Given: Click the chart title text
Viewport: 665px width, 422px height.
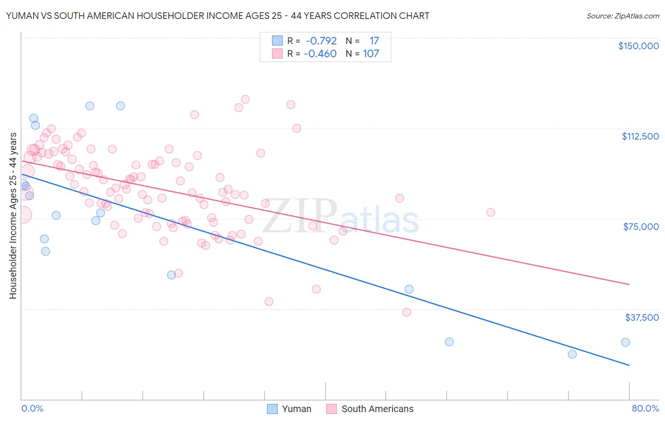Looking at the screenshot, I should pos(218,16).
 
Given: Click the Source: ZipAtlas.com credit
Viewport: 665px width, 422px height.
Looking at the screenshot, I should pos(622,16).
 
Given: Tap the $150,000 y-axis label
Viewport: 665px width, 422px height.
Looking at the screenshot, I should pos(638,46).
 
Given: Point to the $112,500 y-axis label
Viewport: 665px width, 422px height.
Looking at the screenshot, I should pos(640,136).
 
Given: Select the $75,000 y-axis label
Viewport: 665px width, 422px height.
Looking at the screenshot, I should pos(641,227).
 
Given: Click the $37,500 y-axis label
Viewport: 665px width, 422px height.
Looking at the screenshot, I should pos(641,317).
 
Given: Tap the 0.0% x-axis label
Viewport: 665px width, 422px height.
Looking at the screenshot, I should pos(32,408).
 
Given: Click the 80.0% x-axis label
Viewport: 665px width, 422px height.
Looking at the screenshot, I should pos(645,408).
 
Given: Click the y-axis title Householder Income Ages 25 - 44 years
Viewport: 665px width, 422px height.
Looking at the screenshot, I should pos(13,216).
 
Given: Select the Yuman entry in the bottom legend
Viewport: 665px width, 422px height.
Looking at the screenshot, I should pos(289,409).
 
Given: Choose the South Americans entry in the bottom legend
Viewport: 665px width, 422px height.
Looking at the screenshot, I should pos(370,409).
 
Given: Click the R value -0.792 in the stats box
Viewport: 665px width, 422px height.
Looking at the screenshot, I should pos(321,41).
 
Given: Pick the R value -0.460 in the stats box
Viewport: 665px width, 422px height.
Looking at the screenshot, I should pos(320,53).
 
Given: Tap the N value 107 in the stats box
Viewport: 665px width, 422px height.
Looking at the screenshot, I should pos(371,53).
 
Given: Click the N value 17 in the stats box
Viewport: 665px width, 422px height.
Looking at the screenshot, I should pos(374,41).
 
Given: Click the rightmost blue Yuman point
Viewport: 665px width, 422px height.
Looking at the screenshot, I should pos(625,343).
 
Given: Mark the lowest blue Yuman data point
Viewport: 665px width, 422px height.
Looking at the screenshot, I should pos(572,354).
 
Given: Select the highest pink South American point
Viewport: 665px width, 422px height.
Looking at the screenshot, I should pos(245,99).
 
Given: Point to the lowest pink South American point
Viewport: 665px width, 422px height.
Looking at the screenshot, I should pos(407,312).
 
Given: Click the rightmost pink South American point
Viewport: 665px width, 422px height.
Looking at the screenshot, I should pos(490,212).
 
